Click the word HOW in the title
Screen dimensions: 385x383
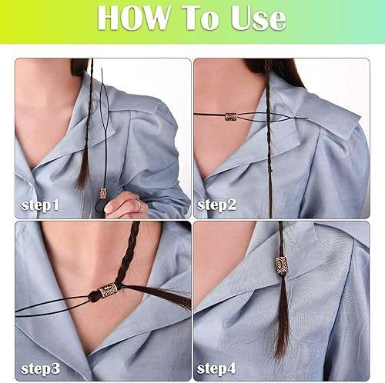coord(133,18)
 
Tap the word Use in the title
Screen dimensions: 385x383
coord(259,18)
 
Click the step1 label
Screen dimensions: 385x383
coord(40,205)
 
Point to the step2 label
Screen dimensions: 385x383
coord(216,205)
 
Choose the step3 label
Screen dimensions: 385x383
coord(41,368)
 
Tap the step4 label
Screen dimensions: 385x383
coord(216,368)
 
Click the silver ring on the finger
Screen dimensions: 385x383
coord(138,205)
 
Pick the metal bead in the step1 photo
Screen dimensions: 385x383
coord(103,193)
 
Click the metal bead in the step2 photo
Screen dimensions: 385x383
coord(230,117)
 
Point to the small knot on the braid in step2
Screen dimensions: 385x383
coord(269,169)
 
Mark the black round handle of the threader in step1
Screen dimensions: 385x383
coord(99,207)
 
